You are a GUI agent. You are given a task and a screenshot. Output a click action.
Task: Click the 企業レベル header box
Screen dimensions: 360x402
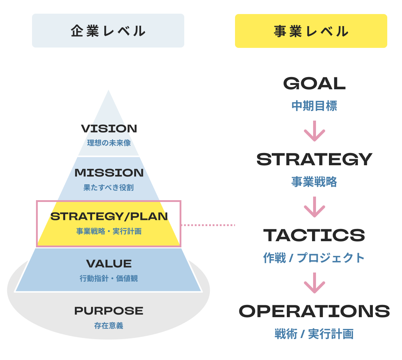pos(108,31)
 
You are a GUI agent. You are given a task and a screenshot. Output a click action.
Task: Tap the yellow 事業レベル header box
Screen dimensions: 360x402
pos(311,31)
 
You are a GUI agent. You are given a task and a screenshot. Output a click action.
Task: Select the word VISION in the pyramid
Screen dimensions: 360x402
pos(109,129)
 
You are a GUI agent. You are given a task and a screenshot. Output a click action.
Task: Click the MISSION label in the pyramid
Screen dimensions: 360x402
pos(109,173)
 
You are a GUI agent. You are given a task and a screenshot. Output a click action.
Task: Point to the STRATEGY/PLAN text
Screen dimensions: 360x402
pos(109,217)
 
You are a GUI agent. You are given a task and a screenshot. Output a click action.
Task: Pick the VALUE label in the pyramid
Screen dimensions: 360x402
pos(109,264)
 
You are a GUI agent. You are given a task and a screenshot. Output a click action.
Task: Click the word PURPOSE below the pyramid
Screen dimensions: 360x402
pos(109,311)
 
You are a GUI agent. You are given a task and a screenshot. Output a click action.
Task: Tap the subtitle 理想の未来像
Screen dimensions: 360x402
pos(109,143)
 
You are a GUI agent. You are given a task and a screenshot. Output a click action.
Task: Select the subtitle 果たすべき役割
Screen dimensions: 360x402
pos(109,188)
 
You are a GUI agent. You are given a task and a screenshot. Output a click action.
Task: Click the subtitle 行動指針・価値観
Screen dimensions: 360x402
pos(109,278)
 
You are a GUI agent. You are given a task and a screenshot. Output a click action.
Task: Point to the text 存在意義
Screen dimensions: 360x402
pos(109,326)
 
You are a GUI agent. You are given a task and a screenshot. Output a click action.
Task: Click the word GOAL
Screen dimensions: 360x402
pos(314,84)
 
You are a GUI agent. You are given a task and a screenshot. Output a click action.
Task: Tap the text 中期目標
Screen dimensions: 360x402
pos(314,106)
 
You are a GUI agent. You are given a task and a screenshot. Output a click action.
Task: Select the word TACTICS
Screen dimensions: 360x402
pos(314,235)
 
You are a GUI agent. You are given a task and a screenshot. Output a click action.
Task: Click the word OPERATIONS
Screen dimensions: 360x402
pos(314,311)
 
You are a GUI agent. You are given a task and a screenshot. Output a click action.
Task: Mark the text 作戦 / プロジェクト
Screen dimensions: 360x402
pos(314,258)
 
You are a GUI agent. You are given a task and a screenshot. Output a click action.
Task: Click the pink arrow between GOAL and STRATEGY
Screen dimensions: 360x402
pos(314,131)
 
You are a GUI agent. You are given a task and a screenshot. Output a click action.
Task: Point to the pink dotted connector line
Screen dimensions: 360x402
pos(208,225)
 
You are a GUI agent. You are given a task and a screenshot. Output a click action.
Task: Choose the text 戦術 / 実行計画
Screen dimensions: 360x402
pos(314,334)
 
